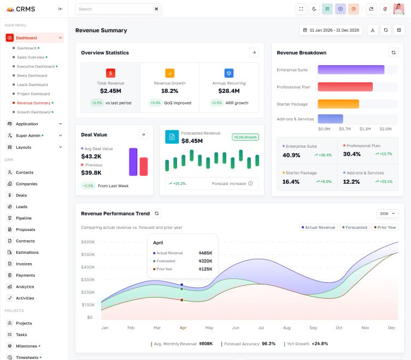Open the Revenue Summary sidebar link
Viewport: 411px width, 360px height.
click(33, 103)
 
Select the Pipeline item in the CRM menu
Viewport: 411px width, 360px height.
click(24, 218)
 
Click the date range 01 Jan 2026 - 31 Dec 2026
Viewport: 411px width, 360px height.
click(331, 30)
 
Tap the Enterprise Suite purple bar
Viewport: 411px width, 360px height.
click(351, 69)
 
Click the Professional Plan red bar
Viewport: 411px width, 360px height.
click(345, 87)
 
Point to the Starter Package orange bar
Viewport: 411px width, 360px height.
click(338, 104)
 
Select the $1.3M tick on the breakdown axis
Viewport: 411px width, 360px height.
click(365, 129)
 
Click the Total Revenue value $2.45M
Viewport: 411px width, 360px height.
click(110, 91)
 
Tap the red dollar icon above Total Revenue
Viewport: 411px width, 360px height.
click(110, 73)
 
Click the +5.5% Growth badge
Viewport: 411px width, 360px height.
click(245, 137)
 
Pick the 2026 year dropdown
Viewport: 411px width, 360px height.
click(387, 213)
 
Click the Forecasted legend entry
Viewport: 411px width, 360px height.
click(354, 227)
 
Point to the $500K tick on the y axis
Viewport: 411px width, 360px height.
click(87, 254)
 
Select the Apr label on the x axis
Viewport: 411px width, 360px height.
click(183, 328)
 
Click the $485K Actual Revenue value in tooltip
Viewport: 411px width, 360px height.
click(205, 253)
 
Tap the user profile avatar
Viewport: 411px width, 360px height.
click(398, 9)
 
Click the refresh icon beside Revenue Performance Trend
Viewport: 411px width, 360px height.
click(157, 213)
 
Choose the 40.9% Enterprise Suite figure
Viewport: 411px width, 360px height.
click(291, 155)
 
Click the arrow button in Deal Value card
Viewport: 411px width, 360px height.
click(143, 135)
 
